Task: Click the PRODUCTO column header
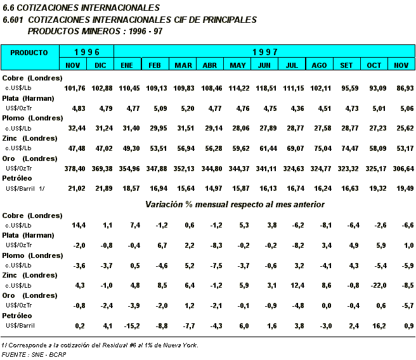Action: (x=29, y=53)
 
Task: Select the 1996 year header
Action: (x=87, y=51)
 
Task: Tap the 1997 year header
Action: (x=264, y=51)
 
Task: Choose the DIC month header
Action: (x=100, y=65)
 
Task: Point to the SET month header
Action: (x=347, y=65)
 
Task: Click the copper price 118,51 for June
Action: (x=265, y=87)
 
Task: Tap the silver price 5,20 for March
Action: (x=185, y=108)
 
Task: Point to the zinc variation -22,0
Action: (x=374, y=285)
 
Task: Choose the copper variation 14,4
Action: (x=79, y=225)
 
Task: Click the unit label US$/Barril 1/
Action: (x=25, y=189)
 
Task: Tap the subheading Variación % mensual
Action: (x=235, y=205)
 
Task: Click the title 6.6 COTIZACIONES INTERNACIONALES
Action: (x=81, y=8)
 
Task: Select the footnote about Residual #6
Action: (x=100, y=345)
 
